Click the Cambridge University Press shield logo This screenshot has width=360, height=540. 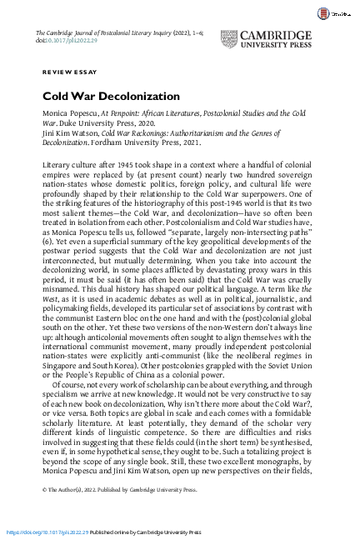(x=231, y=40)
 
